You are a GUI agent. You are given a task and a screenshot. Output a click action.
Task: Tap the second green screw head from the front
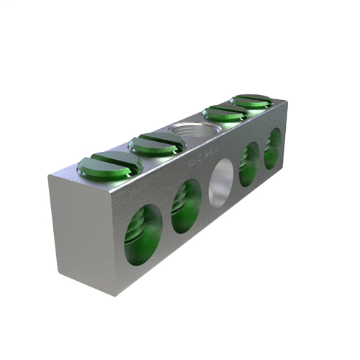click(x=157, y=143)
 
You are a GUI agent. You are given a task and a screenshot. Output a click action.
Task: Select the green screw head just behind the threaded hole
click(x=225, y=112)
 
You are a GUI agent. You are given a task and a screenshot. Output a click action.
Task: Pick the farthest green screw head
click(x=251, y=101)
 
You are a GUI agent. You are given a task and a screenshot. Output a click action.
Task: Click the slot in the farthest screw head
click(x=251, y=100)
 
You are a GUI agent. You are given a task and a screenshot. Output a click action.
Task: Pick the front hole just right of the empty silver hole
click(x=248, y=164)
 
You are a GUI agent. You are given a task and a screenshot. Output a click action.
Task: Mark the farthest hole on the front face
click(x=273, y=148)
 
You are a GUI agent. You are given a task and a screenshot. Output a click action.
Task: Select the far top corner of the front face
click(x=287, y=102)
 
